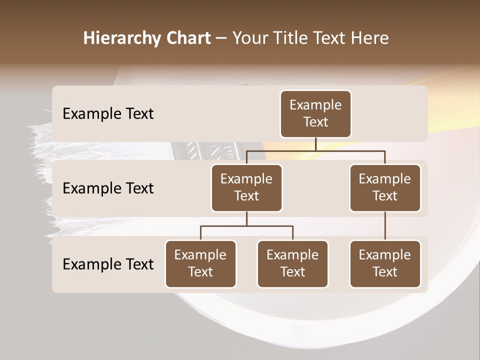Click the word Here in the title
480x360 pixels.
(x=370, y=38)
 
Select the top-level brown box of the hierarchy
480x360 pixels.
(x=315, y=114)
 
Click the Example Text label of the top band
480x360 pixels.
(x=108, y=113)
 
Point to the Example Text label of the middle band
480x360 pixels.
(x=108, y=188)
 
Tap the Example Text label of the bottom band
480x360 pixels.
(x=108, y=264)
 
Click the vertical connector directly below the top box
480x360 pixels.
(x=315, y=144)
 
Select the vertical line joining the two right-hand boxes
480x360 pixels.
(x=385, y=226)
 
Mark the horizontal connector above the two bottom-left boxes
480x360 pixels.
(x=246, y=226)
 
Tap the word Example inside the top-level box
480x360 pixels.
(x=315, y=105)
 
